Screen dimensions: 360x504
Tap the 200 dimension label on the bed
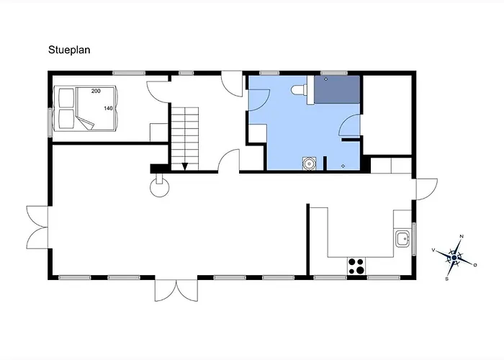[x=96, y=91]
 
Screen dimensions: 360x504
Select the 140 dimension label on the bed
[x=108, y=108]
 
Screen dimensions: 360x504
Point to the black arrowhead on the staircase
[x=185, y=166]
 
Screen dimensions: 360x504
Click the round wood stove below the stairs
[x=159, y=187]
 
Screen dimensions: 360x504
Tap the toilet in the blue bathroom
[x=298, y=89]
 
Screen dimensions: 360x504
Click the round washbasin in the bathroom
[x=309, y=163]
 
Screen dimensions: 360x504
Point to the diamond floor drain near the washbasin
[x=342, y=166]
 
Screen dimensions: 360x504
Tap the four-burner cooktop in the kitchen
[x=355, y=265]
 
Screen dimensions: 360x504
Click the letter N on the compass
[x=462, y=237]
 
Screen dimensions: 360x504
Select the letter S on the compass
[x=447, y=277]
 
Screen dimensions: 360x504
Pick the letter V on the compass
[x=433, y=249]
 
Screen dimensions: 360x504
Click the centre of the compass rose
[x=454, y=257]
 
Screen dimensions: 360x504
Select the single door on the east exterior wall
[x=425, y=189]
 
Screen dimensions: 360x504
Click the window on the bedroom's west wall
[x=50, y=120]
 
